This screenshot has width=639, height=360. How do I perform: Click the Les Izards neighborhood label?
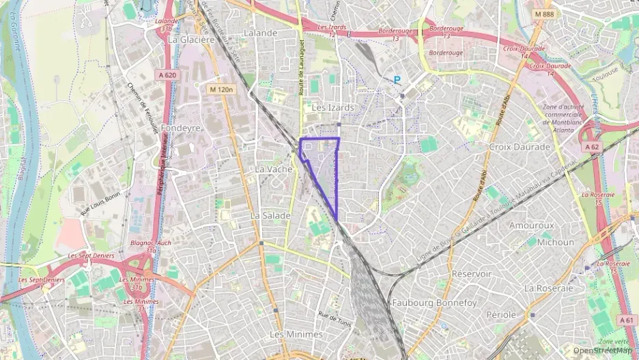(332, 108)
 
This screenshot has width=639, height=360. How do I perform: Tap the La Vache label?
(272, 169)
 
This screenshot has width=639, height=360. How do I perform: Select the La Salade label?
(270, 215)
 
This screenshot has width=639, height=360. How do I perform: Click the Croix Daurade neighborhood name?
(520, 147)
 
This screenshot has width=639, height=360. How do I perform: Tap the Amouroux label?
(531, 225)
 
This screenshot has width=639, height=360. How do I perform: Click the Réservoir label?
(471, 273)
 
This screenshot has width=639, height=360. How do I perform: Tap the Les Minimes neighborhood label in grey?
(296, 334)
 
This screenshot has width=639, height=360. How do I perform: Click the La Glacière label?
(191, 40)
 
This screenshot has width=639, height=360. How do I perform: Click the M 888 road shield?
(544, 14)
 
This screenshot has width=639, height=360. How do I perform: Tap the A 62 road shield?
(592, 146)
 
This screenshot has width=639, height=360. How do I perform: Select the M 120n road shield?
(222, 89)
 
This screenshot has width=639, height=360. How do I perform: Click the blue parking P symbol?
(397, 80)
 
